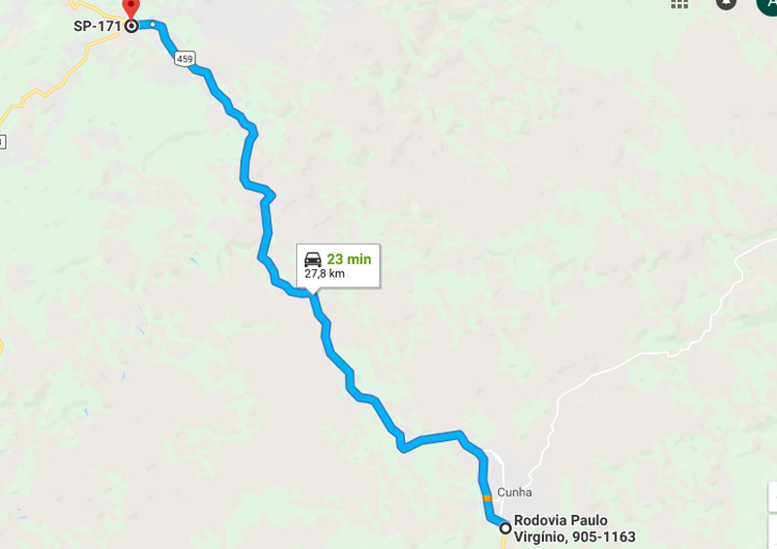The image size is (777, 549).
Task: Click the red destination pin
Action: pyautogui.click(x=130, y=8)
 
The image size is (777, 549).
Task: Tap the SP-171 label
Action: pyautogui.click(x=97, y=25)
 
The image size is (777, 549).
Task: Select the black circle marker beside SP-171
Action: pyautogui.click(x=131, y=26)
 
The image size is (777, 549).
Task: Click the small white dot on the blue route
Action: pyautogui.click(x=153, y=24)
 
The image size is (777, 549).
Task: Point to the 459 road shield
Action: pyautogui.click(x=185, y=59)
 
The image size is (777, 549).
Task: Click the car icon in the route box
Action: pyautogui.click(x=313, y=259)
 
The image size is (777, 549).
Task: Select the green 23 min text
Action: pyautogui.click(x=349, y=259)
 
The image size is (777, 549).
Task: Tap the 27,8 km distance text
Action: pyautogui.click(x=324, y=274)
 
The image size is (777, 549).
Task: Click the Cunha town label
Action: pyautogui.click(x=515, y=492)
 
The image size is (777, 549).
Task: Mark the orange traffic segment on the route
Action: pyautogui.click(x=487, y=498)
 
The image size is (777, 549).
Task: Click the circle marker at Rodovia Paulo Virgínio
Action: pyautogui.click(x=505, y=528)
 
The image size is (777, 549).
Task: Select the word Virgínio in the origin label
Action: pyautogui.click(x=539, y=536)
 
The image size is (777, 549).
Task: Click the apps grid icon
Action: pyautogui.click(x=679, y=3)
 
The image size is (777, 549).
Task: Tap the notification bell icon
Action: pyautogui.click(x=726, y=3)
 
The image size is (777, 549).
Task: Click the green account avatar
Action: pyautogui.click(x=767, y=4)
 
